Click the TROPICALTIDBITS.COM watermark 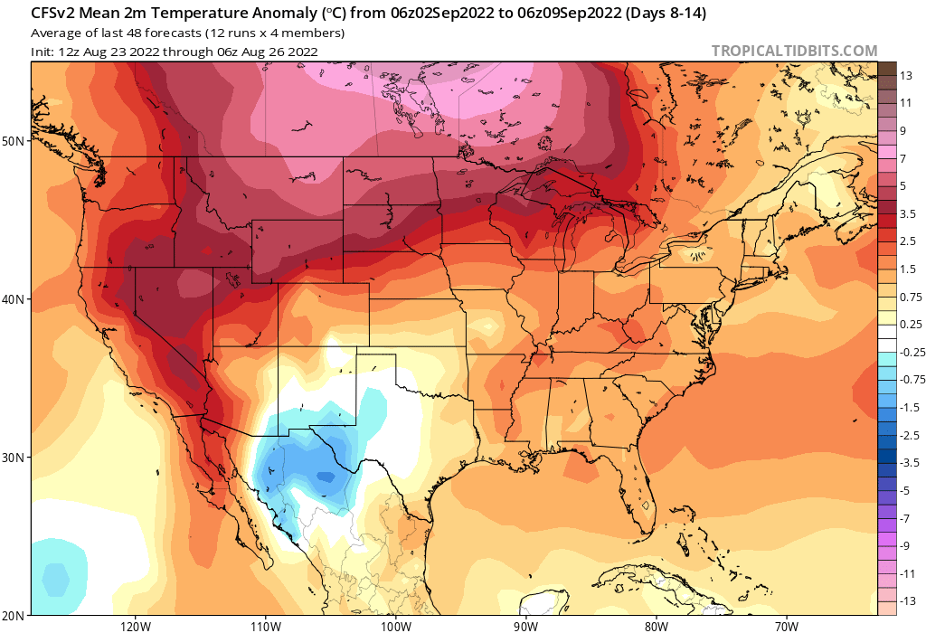pyautogui.click(x=794, y=51)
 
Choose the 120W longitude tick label pyautogui.click(x=134, y=625)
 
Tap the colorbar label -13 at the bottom pyautogui.click(x=906, y=600)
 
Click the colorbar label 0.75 pyautogui.click(x=911, y=297)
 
